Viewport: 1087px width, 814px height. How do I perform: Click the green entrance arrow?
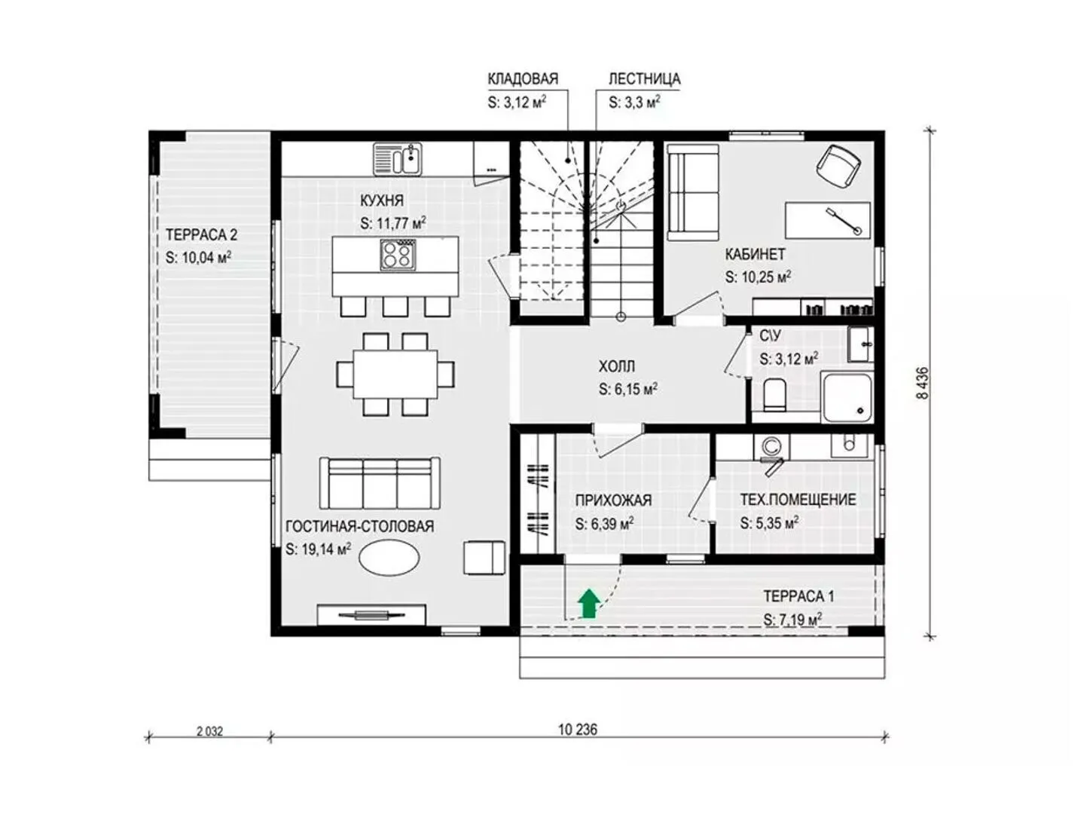[x=588, y=603]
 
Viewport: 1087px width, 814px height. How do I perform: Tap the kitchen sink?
[x=397, y=158]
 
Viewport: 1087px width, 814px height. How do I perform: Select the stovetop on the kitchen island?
[x=395, y=255]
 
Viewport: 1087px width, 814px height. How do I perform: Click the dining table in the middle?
[x=395, y=374]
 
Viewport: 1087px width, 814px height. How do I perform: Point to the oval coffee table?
[x=389, y=557]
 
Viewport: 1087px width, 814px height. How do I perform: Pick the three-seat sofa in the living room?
[x=380, y=482]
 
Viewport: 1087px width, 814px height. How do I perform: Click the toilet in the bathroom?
[x=774, y=395]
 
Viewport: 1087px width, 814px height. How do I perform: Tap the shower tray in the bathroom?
[x=847, y=398]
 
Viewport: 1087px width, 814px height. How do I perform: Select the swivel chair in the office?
[x=838, y=166]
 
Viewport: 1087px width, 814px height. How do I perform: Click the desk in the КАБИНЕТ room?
[x=827, y=220]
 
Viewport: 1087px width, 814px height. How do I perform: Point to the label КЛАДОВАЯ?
[x=523, y=79]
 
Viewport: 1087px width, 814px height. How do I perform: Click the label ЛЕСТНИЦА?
[x=644, y=79]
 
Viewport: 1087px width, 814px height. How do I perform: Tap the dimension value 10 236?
[x=578, y=730]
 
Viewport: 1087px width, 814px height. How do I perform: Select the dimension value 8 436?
[x=922, y=382]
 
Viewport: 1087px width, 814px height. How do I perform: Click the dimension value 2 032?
[x=209, y=731]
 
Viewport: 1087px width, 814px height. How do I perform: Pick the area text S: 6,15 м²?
[x=628, y=390]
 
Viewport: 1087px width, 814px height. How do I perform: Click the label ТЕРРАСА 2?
[x=202, y=234]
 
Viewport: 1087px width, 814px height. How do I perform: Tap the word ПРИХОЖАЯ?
[x=613, y=500]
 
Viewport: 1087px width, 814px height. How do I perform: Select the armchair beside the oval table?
[x=484, y=558]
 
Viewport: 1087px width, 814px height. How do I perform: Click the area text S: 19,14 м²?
[x=319, y=549]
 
